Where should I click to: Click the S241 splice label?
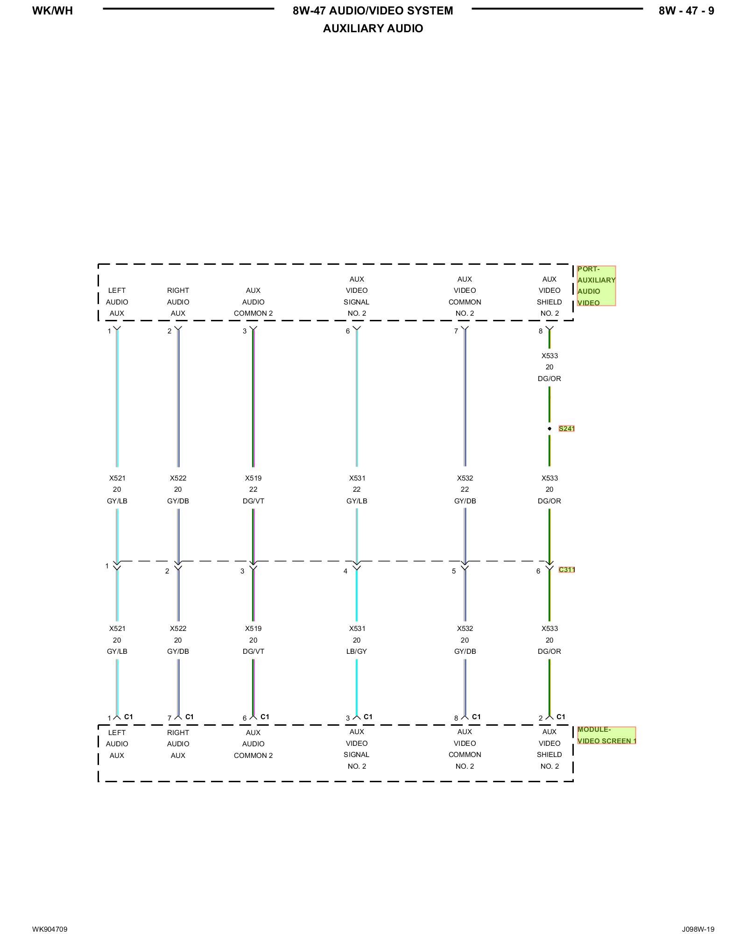click(566, 429)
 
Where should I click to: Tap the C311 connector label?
click(566, 570)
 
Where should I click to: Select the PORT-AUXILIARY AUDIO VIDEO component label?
click(596, 286)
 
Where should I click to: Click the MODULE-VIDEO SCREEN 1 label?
click(606, 735)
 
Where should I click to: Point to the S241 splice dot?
click(550, 429)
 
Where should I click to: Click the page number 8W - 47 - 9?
click(686, 11)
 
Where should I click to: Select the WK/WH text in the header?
click(52, 11)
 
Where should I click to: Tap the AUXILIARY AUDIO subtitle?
click(373, 28)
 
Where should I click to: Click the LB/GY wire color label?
click(357, 651)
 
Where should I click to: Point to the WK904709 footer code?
click(49, 929)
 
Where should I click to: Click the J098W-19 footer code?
click(698, 929)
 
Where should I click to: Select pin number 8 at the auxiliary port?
click(541, 331)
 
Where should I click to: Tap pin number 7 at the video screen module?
click(169, 718)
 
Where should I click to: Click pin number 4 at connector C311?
click(345, 571)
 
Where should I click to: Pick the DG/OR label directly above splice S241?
click(550, 379)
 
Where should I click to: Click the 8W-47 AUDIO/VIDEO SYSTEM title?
click(373, 11)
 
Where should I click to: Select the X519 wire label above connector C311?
click(254, 478)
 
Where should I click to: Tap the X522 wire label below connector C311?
click(178, 629)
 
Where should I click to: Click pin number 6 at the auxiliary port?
click(348, 331)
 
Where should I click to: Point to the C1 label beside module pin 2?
click(561, 717)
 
